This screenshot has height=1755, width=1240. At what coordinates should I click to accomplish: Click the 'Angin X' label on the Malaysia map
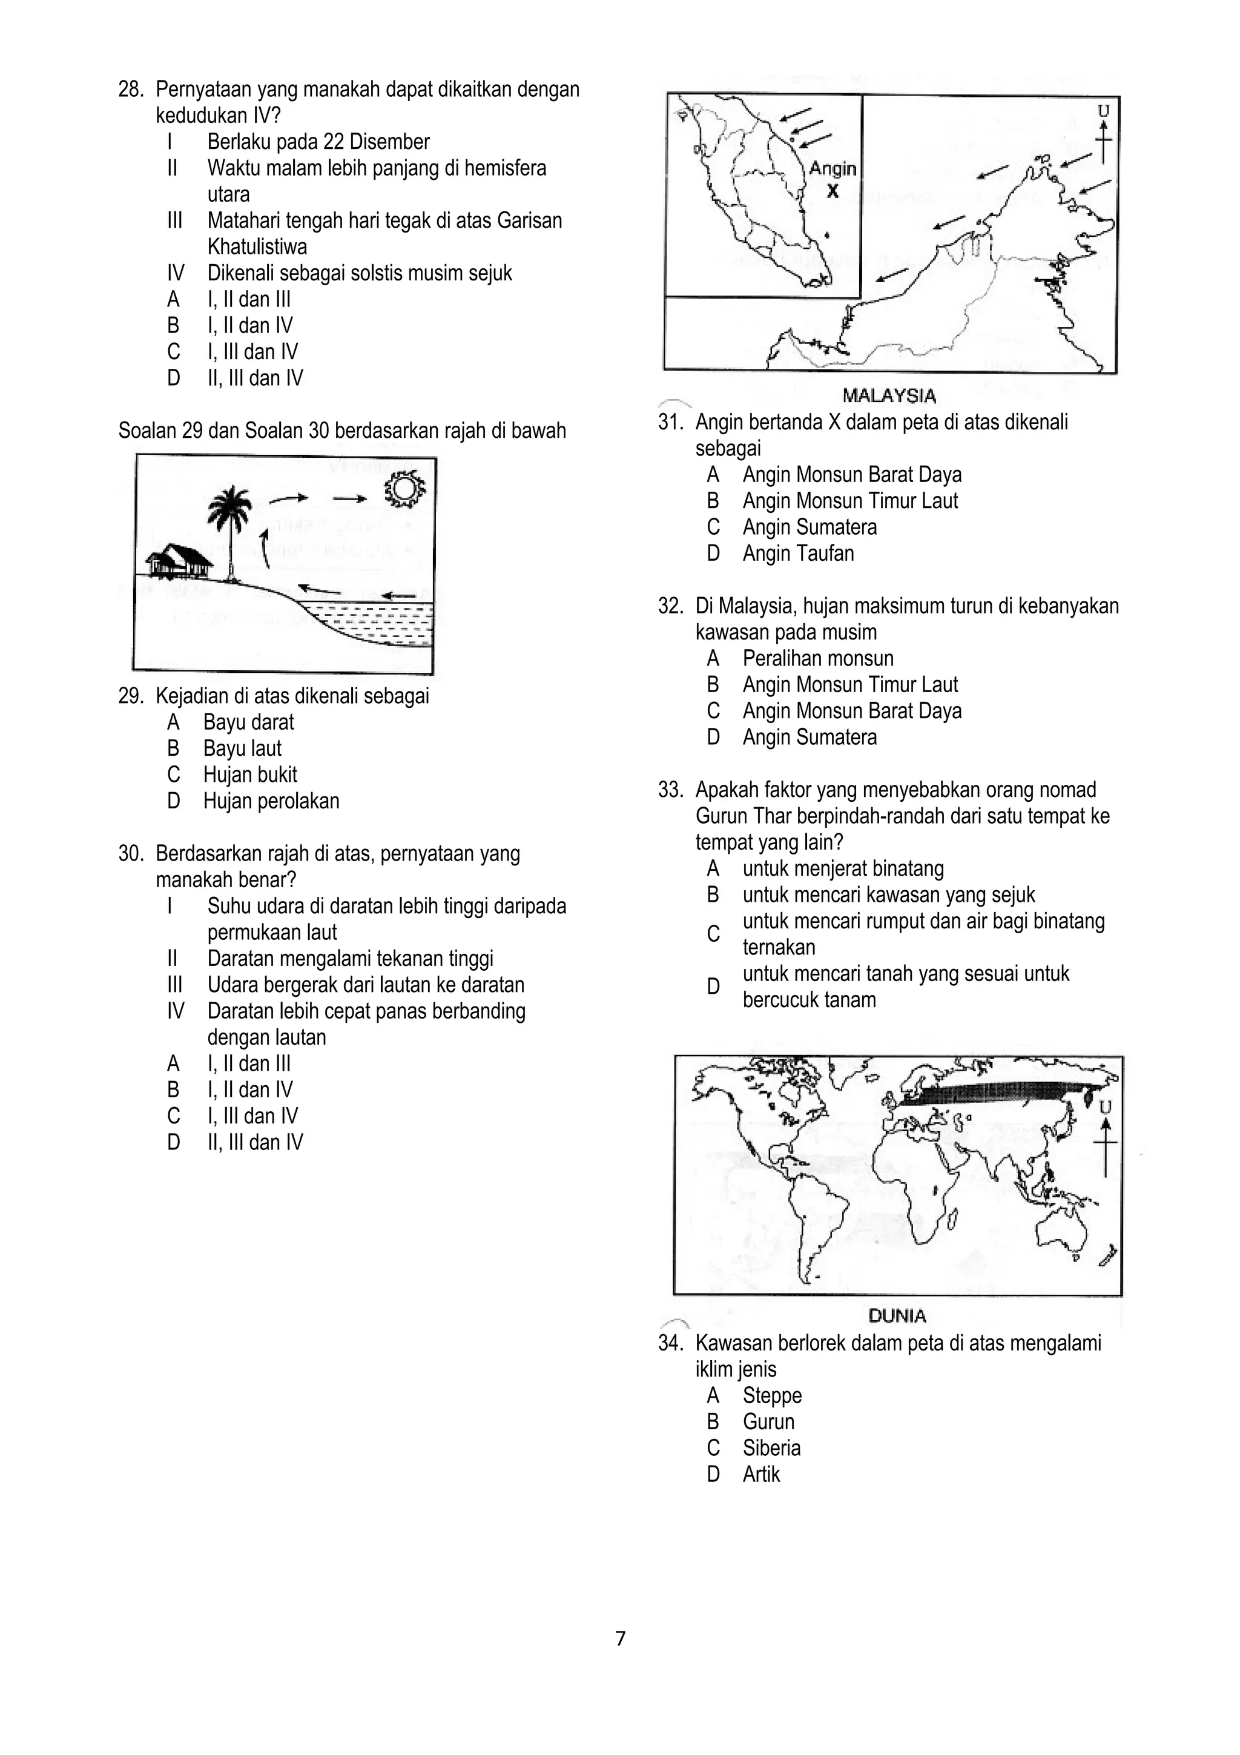click(833, 179)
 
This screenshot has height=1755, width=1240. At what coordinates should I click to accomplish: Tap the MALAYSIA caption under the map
click(889, 395)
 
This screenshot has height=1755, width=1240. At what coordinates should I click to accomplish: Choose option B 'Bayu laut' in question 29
click(242, 749)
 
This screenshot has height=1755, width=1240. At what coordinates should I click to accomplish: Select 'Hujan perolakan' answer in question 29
click(271, 801)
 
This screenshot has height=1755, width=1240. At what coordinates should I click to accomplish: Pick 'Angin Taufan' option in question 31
click(797, 554)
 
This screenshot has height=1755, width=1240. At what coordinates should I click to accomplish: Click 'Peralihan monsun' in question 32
click(817, 658)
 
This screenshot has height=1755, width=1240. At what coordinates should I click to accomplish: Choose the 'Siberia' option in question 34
click(771, 1448)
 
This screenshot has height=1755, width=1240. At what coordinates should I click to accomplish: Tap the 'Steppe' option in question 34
click(771, 1395)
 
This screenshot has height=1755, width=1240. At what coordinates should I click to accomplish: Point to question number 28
click(130, 90)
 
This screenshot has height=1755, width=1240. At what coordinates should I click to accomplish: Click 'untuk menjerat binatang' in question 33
click(843, 868)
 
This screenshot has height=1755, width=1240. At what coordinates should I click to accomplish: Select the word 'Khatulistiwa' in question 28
click(257, 247)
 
